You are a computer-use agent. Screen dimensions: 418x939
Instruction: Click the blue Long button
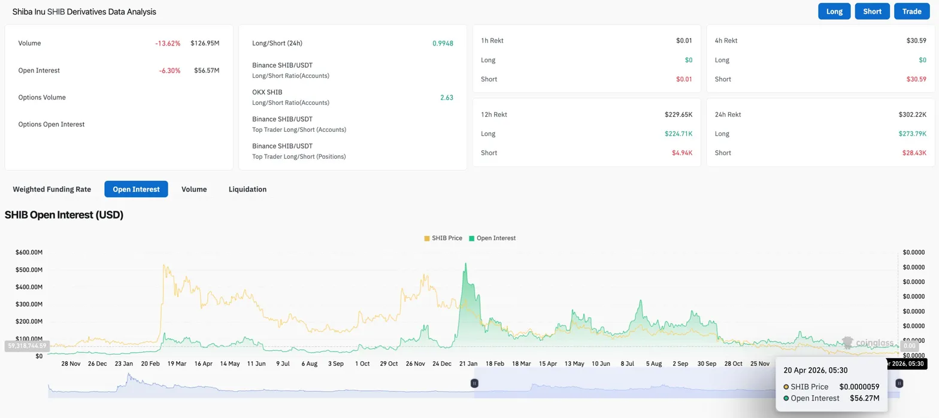(834, 11)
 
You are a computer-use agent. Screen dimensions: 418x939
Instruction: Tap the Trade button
(911, 11)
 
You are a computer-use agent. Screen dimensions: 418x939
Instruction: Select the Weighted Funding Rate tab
(52, 189)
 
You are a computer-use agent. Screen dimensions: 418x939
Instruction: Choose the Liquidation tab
(247, 189)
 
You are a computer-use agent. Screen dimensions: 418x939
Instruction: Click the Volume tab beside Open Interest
(194, 189)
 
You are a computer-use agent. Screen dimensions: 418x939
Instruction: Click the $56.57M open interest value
(205, 70)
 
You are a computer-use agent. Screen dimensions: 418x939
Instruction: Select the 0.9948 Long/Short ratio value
(443, 43)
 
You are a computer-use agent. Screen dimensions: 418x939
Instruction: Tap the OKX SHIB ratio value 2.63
(446, 97)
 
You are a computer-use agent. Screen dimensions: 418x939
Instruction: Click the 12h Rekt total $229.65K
(678, 114)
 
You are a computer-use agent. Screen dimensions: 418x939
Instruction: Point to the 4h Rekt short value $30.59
(916, 79)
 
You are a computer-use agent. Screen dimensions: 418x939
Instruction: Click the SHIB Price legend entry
(443, 238)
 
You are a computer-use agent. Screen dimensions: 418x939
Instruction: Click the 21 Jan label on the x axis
(468, 364)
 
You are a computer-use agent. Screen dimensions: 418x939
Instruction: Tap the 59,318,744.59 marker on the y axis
(27, 346)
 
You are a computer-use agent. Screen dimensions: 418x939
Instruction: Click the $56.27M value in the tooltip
(864, 398)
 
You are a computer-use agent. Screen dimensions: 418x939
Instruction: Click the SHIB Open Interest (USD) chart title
(64, 215)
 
